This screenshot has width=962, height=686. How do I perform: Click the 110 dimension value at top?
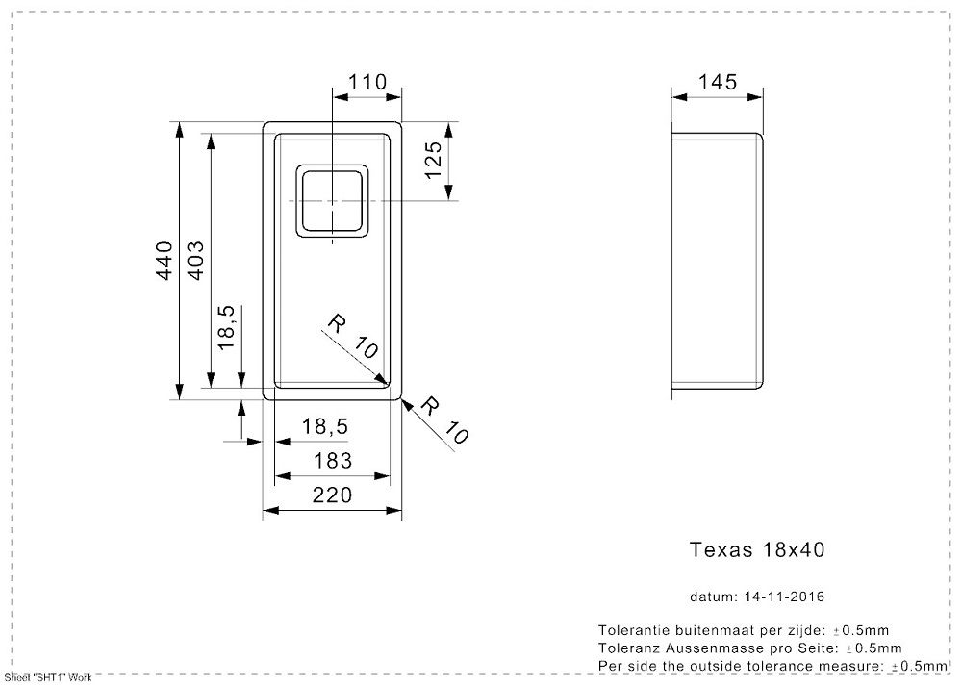click(x=367, y=82)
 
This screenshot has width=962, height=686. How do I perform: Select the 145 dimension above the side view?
click(x=718, y=82)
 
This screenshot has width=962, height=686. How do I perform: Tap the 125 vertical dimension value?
click(x=433, y=160)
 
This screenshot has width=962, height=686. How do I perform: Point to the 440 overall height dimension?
click(x=165, y=261)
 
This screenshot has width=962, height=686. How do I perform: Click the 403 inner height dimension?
click(x=195, y=261)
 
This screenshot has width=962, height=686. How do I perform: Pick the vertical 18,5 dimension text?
click(x=226, y=328)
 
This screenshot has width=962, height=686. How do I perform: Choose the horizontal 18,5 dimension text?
click(x=325, y=426)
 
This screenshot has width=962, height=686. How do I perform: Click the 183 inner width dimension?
click(x=333, y=460)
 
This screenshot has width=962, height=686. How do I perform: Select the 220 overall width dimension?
click(x=333, y=495)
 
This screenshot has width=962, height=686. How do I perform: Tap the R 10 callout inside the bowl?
click(x=352, y=337)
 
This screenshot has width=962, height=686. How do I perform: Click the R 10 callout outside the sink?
click(x=444, y=420)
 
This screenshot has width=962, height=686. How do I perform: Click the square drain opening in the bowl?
click(x=333, y=200)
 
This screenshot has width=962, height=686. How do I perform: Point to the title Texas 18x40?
click(x=757, y=549)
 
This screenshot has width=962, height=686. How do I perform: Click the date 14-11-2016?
click(x=785, y=597)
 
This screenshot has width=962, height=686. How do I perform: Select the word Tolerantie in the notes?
click(x=634, y=630)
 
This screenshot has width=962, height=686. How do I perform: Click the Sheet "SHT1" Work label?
click(x=48, y=678)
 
